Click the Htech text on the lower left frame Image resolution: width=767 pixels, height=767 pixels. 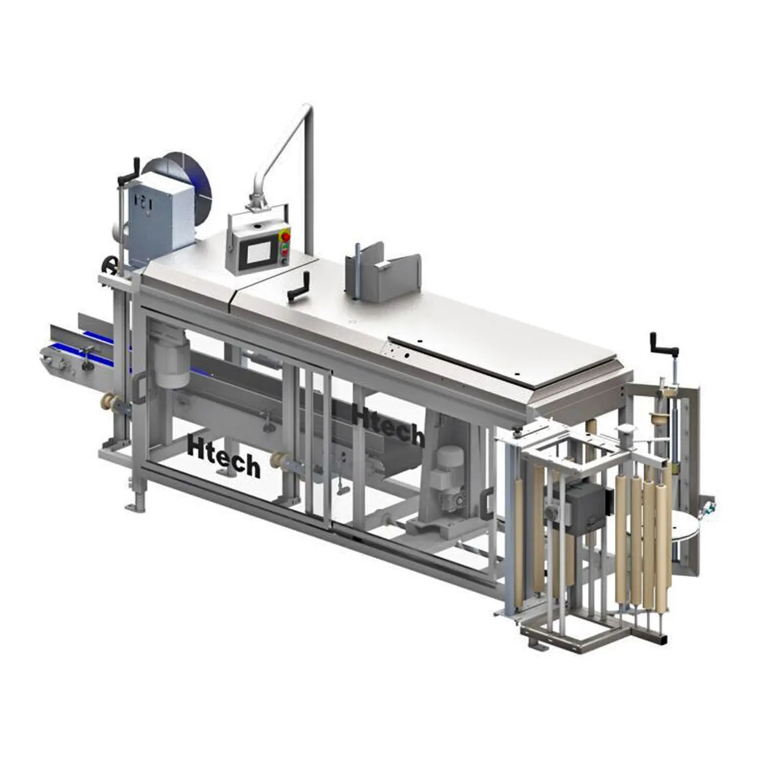(x=224, y=455)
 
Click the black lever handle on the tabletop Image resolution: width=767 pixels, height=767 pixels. (x=299, y=284)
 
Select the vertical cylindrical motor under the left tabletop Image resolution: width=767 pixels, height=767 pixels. (x=171, y=357)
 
